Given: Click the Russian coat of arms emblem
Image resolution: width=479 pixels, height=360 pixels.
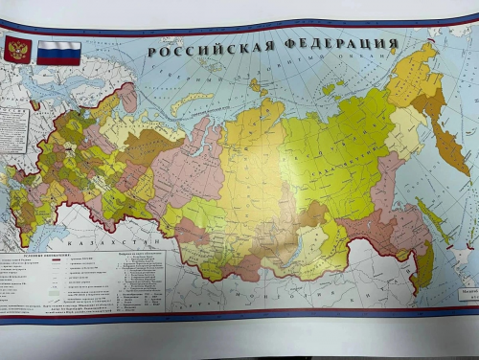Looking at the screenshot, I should (x=16, y=50).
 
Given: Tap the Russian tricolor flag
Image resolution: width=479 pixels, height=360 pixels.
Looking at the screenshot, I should (x=58, y=52).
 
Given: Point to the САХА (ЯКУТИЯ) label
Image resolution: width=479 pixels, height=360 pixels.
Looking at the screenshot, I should (x=331, y=153).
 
